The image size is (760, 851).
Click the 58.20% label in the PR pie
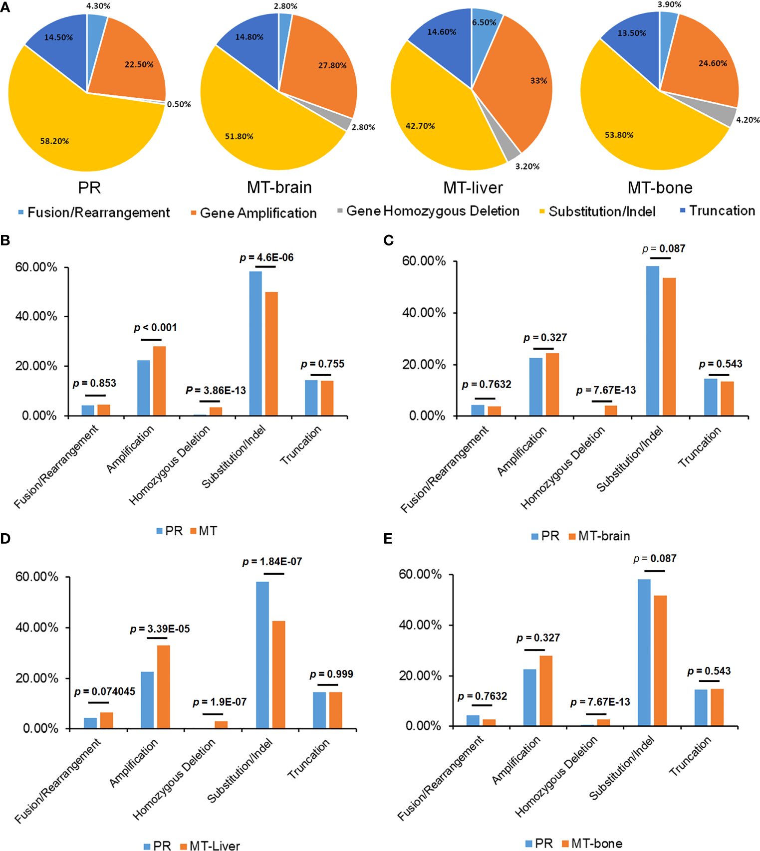click(54, 141)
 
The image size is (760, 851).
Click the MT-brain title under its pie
click(279, 188)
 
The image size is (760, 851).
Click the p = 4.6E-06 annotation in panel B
click(266, 257)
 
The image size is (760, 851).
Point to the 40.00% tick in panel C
click(424, 313)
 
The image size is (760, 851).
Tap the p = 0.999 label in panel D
click(331, 674)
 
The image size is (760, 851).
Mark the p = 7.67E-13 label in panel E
click(600, 702)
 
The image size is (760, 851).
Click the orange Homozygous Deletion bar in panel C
click(611, 410)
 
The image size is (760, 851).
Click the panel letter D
click(5, 539)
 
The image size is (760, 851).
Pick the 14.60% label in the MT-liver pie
click(442, 32)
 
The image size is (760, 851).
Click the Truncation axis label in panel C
click(699, 447)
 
